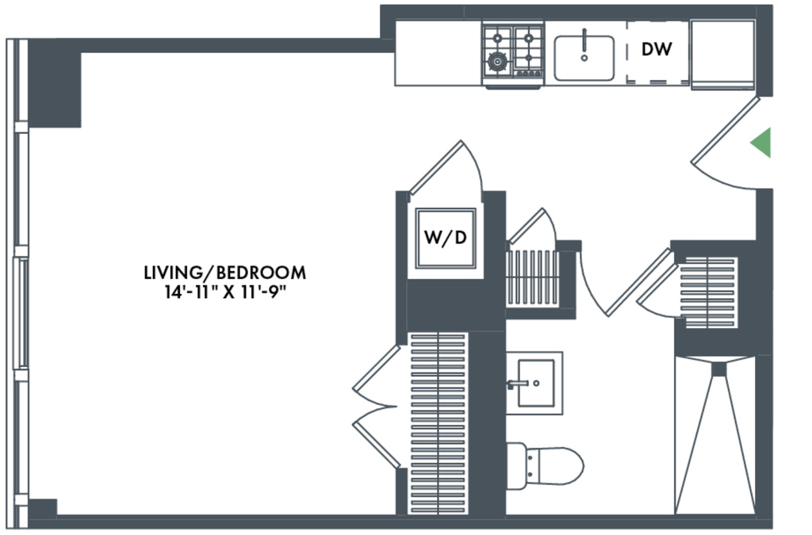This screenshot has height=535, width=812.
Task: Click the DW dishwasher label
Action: [656, 49]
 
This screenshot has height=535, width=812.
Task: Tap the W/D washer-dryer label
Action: [446, 238]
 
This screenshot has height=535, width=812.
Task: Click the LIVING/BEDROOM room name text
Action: [224, 272]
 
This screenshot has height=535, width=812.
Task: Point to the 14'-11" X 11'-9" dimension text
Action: [224, 292]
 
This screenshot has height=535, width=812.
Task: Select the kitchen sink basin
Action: [584, 58]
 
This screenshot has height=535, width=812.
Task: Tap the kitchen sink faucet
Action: [584, 44]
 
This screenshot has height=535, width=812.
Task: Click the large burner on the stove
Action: [498, 62]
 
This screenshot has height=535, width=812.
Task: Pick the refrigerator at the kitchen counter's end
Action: [723, 55]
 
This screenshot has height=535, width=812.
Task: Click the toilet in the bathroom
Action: [546, 466]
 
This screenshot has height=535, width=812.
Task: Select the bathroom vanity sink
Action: [534, 383]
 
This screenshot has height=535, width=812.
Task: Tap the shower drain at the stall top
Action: [718, 369]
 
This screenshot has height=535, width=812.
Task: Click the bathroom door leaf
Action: [640, 282]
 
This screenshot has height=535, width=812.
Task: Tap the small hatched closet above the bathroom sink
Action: [533, 278]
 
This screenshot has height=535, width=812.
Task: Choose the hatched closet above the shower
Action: [708, 292]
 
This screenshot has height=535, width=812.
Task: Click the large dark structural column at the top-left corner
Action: [55, 83]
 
